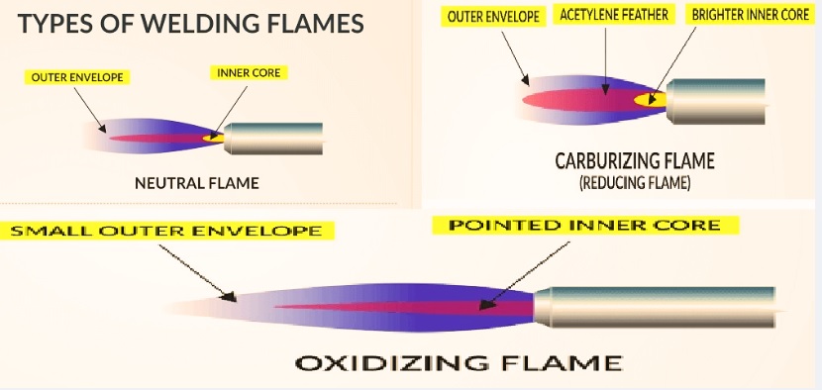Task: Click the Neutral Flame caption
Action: (x=196, y=183)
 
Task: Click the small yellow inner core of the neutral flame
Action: (x=213, y=138)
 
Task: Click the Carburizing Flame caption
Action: (x=635, y=160)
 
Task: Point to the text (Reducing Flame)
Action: (x=635, y=183)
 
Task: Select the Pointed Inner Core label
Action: (x=584, y=225)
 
